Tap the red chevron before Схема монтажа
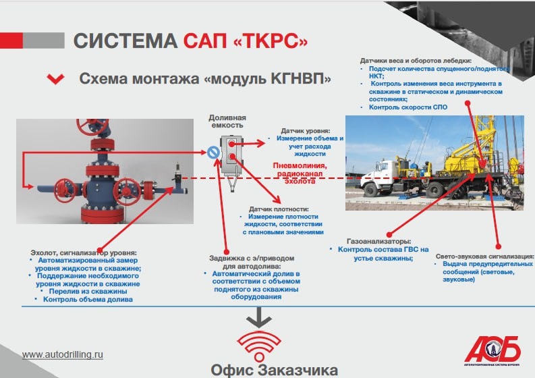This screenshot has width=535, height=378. click(x=55, y=79)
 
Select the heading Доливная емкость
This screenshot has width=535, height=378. click(x=227, y=122)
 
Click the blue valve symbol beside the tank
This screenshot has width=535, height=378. click(x=213, y=154)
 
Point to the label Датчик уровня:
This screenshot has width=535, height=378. click(x=305, y=130)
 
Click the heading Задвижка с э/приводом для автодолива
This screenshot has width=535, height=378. click(x=252, y=261)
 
